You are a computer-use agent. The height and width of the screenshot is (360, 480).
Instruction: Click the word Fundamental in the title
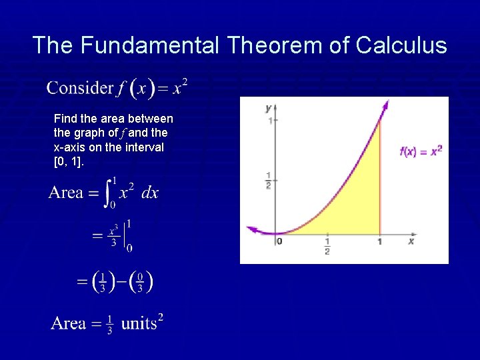point(150,45)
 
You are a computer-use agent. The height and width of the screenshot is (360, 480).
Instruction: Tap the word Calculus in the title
point(401,45)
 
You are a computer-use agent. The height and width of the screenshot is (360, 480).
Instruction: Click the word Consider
point(80,87)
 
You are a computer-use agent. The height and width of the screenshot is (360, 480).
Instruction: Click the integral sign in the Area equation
point(110,193)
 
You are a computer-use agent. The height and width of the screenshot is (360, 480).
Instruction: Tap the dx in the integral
point(150,193)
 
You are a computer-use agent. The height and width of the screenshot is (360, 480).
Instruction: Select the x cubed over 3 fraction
point(114,234)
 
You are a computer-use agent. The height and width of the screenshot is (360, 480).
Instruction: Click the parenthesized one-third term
point(103,281)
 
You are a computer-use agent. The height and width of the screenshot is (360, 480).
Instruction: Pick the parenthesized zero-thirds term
point(140,281)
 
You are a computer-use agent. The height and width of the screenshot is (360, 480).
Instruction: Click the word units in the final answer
point(139,324)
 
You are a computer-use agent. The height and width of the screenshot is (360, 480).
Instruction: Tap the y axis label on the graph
point(268,107)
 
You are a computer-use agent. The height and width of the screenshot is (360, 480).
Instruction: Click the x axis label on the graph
point(411,241)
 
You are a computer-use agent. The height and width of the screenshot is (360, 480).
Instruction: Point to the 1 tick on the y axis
point(269,121)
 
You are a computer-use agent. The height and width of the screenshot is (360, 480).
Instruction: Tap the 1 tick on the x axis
point(379,242)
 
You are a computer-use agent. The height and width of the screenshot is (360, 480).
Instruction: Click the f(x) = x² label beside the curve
point(421,151)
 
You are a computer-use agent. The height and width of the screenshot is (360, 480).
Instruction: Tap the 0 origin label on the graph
point(279,241)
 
